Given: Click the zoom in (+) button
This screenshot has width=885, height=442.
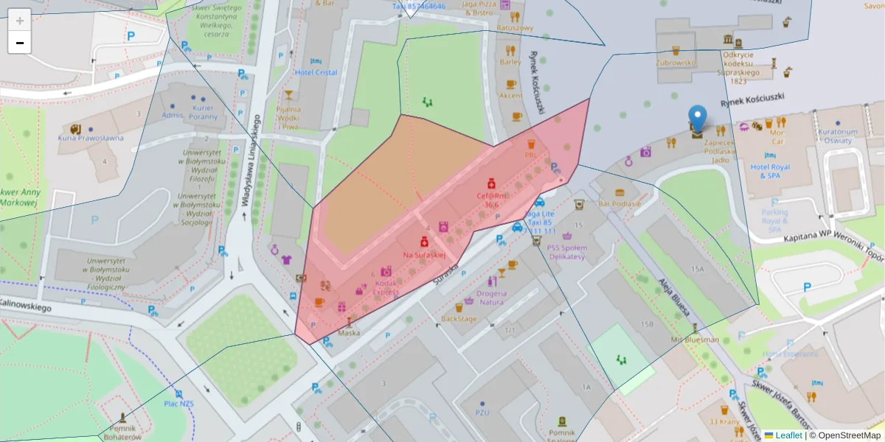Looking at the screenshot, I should point(20,21).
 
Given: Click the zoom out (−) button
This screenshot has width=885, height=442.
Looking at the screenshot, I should point(20,43).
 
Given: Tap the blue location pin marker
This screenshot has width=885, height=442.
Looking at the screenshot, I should point(697,119).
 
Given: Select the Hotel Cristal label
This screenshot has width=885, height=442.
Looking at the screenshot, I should point(316,72).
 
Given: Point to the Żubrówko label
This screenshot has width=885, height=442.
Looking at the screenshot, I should point(676,63).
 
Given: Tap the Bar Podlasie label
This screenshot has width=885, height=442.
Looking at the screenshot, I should point(619,203).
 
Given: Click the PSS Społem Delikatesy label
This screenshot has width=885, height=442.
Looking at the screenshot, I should point(566,252).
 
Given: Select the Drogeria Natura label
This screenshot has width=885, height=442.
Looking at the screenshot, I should point(486,297).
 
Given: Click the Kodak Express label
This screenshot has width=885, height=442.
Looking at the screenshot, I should point(386,287).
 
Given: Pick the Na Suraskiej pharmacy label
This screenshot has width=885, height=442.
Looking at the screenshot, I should point(424,254).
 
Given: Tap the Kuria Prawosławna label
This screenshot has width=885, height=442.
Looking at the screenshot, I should point(91,138).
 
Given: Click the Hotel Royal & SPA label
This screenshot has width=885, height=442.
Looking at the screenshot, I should point(770,171).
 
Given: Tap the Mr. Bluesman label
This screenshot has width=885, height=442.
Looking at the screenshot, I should point(695,340).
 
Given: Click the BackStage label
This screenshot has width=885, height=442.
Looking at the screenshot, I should point(458,319).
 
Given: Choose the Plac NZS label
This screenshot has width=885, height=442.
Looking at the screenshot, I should point(178,404).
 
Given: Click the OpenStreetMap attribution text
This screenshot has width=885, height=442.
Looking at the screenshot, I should point(848,435).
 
